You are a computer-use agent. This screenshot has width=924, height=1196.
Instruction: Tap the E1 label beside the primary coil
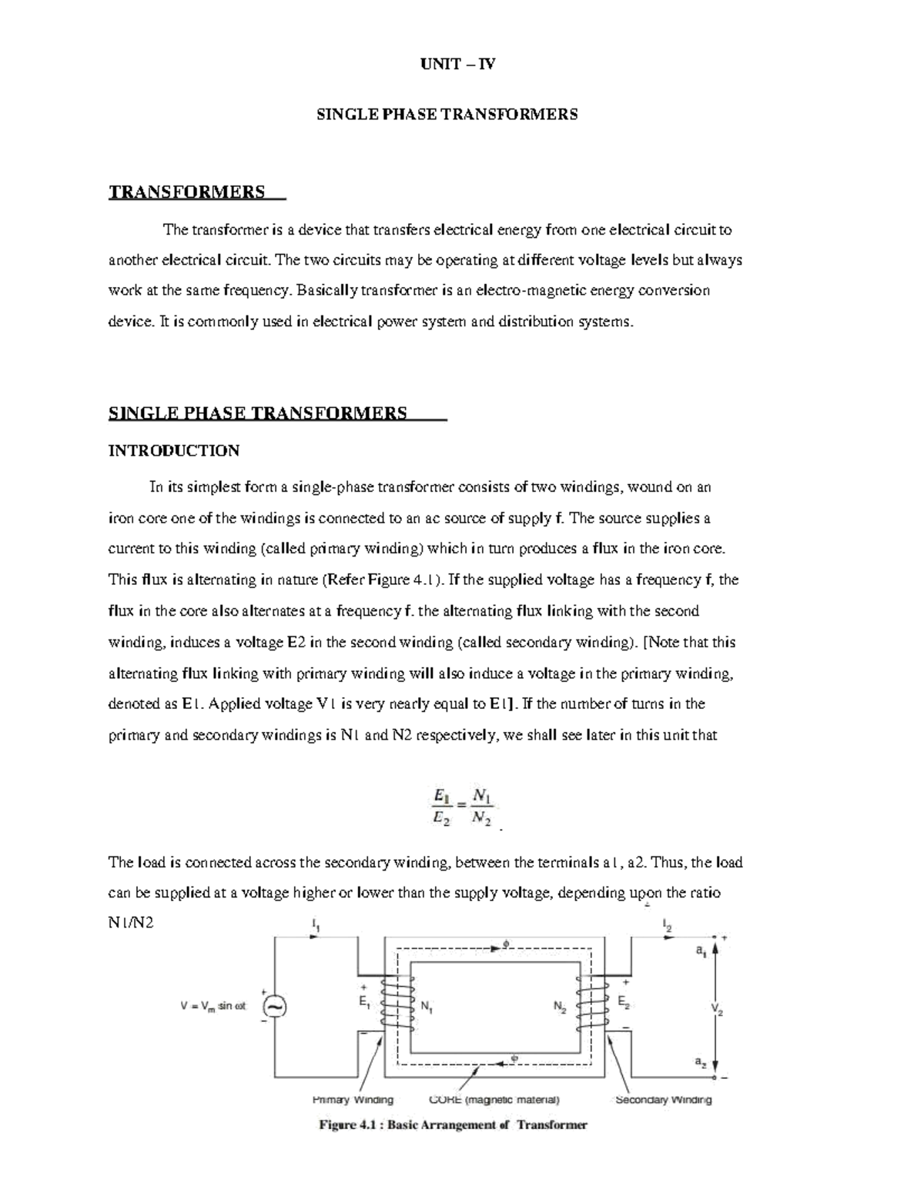364,1002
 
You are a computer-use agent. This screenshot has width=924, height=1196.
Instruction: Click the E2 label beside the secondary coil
624,1002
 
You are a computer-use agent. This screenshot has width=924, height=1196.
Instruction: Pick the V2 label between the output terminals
716,1008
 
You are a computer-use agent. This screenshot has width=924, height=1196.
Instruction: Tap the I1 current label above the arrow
316,923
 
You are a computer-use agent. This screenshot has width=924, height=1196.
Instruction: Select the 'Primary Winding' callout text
353,1100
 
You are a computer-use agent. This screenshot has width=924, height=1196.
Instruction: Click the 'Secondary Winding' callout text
663,1100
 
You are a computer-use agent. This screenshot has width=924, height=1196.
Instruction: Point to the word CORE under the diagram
444,1100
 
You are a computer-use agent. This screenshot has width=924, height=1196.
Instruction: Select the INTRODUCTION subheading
174,451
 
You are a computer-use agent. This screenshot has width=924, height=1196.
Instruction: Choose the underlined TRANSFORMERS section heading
187,192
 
